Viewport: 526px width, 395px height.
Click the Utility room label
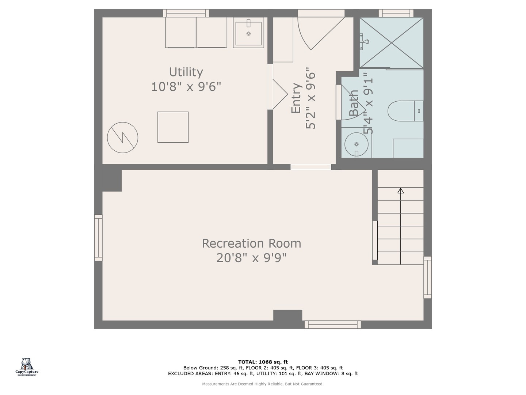tap(186, 72)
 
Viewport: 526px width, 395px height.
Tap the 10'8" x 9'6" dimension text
tap(186, 87)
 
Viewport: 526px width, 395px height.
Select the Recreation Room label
tap(251, 243)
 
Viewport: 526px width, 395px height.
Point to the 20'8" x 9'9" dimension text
tap(251, 258)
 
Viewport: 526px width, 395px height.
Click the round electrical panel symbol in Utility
tap(122, 138)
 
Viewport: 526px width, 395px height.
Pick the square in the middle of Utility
tap(173, 127)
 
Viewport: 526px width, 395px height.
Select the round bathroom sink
tap(356, 144)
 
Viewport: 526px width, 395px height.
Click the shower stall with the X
tap(391, 43)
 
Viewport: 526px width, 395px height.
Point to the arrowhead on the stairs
tap(401, 191)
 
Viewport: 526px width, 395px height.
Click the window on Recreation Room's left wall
tap(98, 238)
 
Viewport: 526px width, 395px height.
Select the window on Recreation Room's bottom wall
tap(332, 324)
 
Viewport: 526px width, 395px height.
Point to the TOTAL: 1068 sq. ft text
tap(263, 362)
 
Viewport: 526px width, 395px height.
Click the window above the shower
tap(396, 13)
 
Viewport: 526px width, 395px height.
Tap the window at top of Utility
tap(186, 13)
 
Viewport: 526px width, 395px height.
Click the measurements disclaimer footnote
tap(263, 384)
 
